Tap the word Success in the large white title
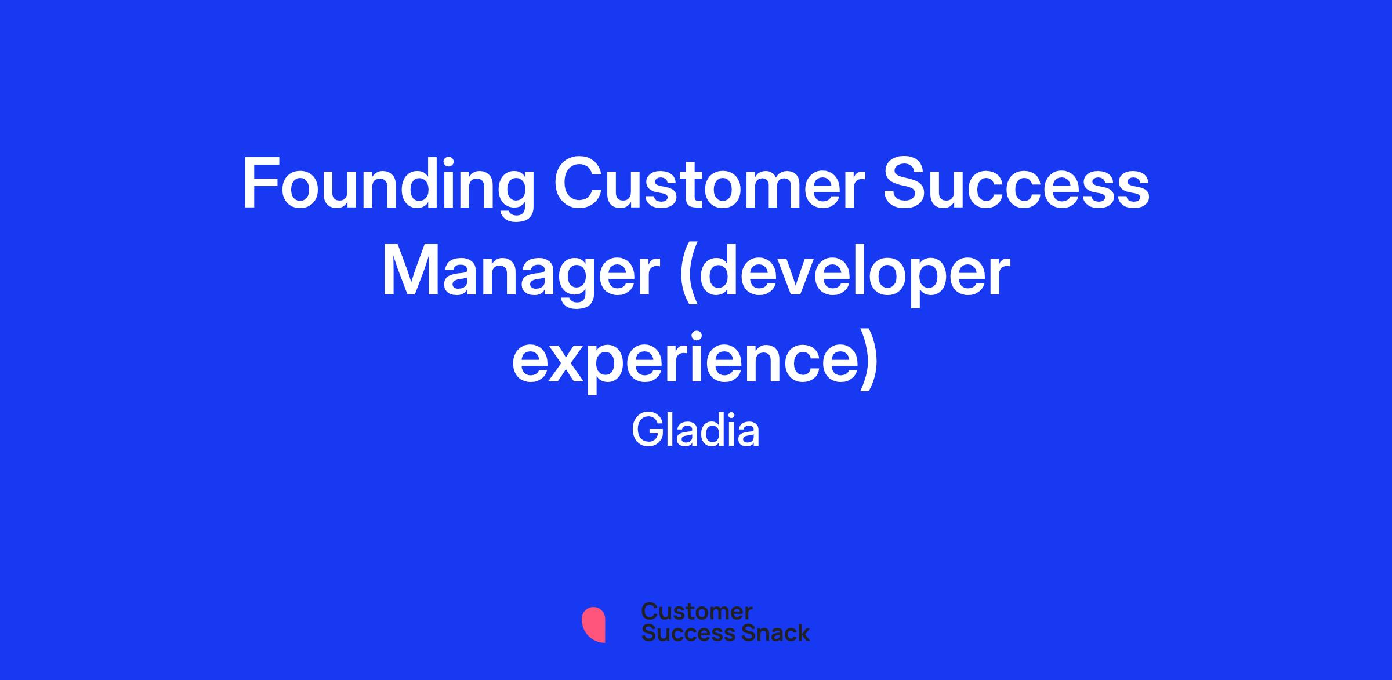tap(1016, 183)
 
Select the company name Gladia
tap(695, 431)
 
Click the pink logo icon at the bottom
tap(593, 625)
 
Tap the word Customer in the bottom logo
tap(697, 612)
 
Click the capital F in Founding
tap(259, 183)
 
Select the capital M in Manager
tap(409, 271)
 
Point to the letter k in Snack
tap(803, 632)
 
